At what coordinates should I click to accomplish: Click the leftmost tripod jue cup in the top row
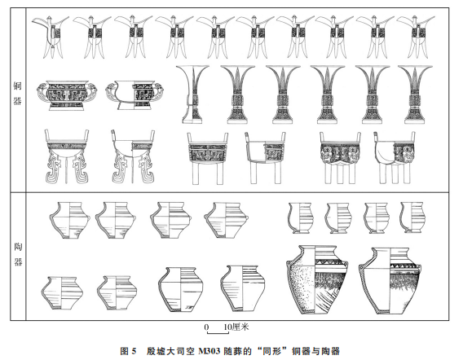tap(51, 37)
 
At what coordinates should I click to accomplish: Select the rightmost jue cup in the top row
tap(416, 37)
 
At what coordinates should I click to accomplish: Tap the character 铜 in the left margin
tap(18, 86)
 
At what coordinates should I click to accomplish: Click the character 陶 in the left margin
tap(18, 247)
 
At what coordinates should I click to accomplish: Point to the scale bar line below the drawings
tap(218, 333)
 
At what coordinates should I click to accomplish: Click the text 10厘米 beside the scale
tap(236, 327)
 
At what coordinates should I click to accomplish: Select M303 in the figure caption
tap(209, 351)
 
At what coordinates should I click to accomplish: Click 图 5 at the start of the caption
tap(128, 351)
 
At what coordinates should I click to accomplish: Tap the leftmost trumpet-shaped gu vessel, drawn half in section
tap(192, 94)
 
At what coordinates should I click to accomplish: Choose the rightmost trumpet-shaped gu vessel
tap(416, 94)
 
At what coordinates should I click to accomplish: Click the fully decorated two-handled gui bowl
tap(68, 95)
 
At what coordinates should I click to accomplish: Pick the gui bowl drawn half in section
tap(134, 95)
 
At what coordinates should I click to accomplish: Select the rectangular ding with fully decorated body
tap(208, 159)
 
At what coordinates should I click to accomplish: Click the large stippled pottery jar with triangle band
tap(317, 279)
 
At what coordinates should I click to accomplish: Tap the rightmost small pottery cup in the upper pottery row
tap(412, 217)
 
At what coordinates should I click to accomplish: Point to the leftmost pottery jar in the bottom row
tap(62, 292)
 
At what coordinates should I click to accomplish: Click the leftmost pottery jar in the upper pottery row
tap(69, 220)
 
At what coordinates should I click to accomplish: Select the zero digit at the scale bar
tap(206, 327)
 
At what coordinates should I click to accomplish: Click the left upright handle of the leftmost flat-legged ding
tap(46, 135)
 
